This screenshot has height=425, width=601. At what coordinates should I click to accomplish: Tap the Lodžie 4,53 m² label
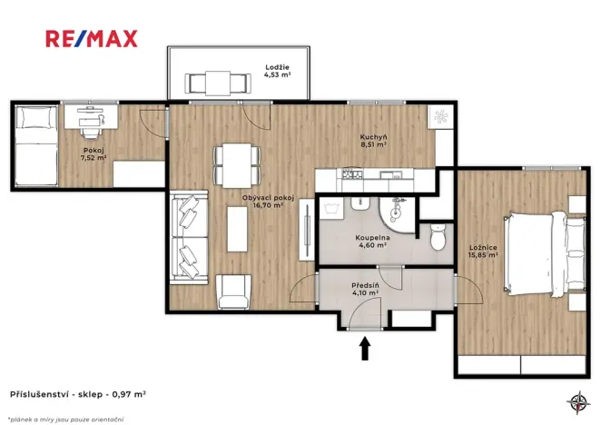click(277, 71)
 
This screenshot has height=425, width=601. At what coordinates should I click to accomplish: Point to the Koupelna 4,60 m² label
click(371, 240)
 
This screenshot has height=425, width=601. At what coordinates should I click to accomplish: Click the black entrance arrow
click(366, 347)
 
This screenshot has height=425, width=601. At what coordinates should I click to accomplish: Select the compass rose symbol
click(576, 400)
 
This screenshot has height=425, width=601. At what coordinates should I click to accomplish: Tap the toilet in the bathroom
click(438, 238)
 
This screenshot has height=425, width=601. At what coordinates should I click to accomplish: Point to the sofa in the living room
click(190, 235)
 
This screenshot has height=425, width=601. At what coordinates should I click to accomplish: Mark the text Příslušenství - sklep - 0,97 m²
click(77, 395)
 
